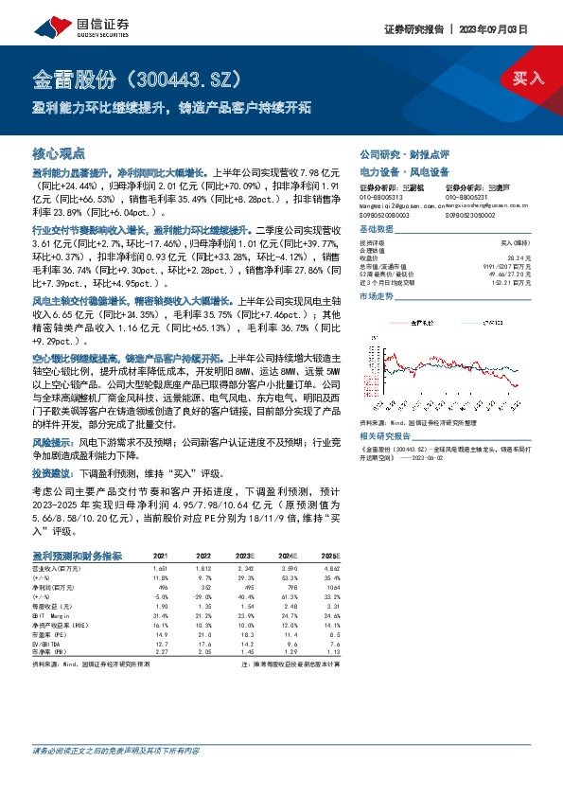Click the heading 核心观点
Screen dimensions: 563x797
(x=60, y=153)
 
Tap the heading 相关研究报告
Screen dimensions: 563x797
(x=389, y=410)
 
